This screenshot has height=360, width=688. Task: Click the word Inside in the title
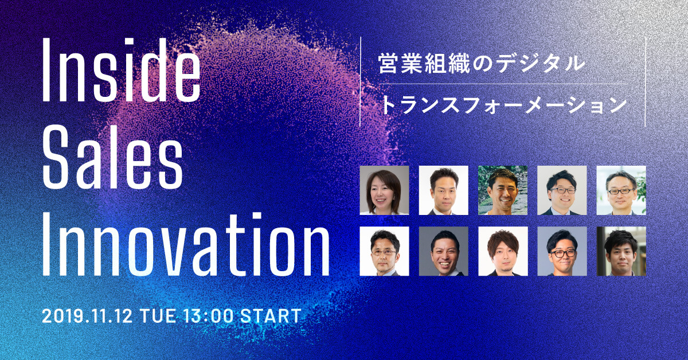122,70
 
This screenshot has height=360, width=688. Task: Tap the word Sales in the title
112,157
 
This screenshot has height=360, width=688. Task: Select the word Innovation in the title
186,244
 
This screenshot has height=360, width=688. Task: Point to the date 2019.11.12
87,316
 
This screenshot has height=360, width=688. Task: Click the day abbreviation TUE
158,316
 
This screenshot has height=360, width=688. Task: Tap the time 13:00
208,316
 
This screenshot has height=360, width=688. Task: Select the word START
271,316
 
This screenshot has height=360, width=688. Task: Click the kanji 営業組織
424,64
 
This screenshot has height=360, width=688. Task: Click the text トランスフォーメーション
503,105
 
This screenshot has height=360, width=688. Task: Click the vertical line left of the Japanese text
360,81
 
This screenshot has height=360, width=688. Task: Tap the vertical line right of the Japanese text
646,81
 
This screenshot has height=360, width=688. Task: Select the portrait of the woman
384,190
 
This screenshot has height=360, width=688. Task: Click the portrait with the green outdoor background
503,190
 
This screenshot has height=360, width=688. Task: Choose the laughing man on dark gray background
444,251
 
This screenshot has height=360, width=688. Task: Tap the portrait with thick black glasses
562,251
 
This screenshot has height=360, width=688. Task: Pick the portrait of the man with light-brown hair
503,251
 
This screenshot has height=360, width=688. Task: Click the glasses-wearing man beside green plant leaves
621,190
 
